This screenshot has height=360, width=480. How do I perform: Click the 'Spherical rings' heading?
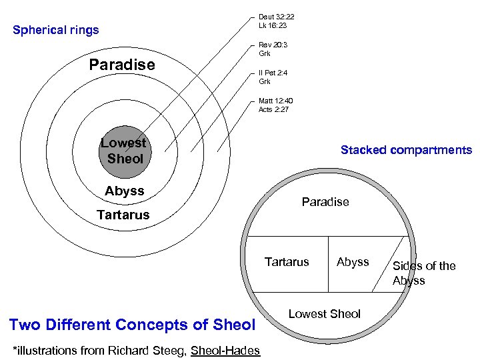tap(56, 30)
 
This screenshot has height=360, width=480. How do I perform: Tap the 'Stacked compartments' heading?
tap(406, 150)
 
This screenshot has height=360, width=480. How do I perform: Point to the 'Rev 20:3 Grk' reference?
tap(273, 49)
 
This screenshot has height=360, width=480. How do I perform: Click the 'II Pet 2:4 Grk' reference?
tap(274, 77)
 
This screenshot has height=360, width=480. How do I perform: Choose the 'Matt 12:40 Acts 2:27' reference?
tap(274, 105)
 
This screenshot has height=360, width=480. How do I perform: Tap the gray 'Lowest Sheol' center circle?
tap(124, 151)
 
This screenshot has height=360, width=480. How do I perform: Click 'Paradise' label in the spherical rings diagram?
tap(122, 65)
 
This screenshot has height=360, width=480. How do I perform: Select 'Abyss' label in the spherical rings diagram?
tap(125, 191)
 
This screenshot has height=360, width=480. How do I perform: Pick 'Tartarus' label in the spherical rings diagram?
tap(123, 215)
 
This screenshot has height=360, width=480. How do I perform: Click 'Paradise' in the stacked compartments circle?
tap(325, 202)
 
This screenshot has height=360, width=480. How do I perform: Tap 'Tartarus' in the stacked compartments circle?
tap(287, 262)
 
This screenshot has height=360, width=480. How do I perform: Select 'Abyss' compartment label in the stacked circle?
tap(353, 262)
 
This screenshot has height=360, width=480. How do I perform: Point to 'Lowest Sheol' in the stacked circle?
tap(325, 314)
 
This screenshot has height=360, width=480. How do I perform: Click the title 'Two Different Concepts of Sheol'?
tap(133, 325)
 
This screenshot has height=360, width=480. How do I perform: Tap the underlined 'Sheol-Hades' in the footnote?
tap(225, 350)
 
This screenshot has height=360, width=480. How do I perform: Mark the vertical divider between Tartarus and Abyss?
tap(328, 264)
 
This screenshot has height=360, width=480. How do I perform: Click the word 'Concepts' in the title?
tap(157, 325)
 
